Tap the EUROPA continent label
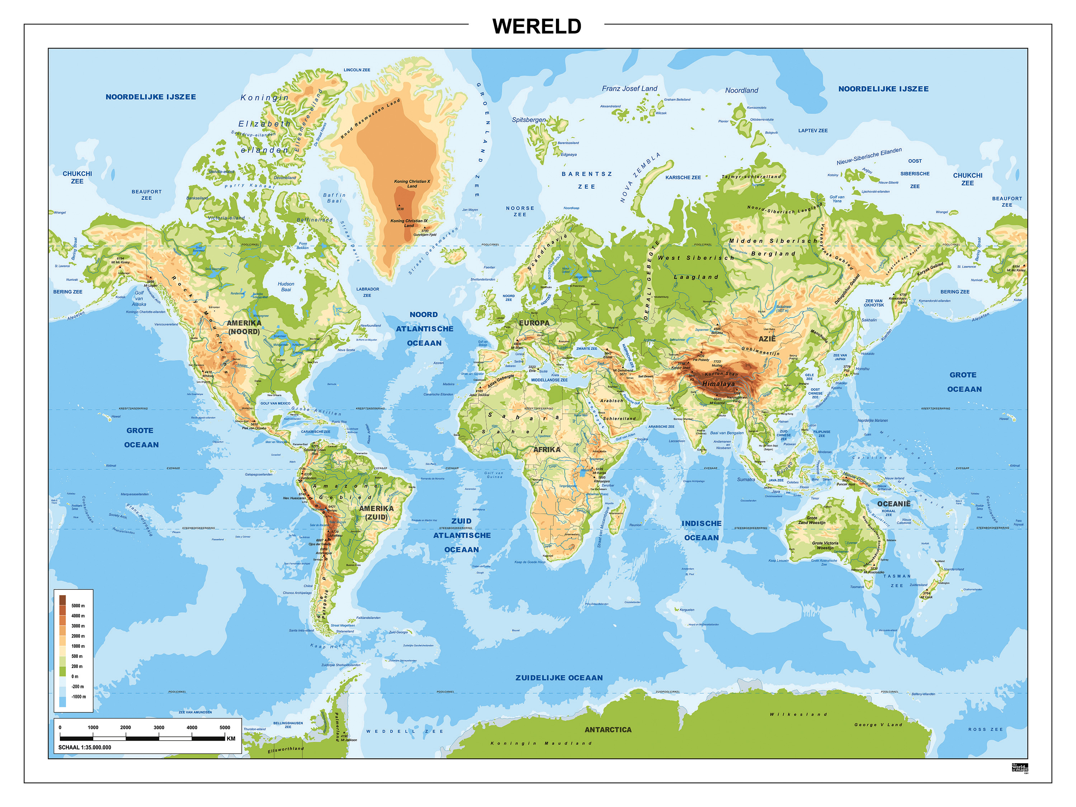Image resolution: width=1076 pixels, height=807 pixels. [534, 323]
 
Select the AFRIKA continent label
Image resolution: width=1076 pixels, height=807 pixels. [546, 450]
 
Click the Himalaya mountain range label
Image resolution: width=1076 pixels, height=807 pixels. [718, 384]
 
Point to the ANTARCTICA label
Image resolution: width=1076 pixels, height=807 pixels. [608, 730]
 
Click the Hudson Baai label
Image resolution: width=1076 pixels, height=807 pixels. [286, 286]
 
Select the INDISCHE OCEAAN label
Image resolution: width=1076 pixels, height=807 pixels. [702, 530]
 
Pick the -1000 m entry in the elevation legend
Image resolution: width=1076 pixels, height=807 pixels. [78, 697]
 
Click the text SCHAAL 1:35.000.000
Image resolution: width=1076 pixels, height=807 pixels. [85, 747]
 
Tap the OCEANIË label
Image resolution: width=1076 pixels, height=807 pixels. [893, 504]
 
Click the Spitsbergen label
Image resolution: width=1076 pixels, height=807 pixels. [528, 120]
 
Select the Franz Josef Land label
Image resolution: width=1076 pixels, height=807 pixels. [629, 89]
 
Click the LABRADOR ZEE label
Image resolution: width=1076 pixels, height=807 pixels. [367, 292]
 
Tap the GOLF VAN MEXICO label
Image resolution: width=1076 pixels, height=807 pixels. [275, 403]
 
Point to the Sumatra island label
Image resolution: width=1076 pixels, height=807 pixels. [746, 479]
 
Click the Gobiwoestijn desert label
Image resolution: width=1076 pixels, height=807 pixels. [760, 351]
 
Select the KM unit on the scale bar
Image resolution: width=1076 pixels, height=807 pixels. [231, 738]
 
